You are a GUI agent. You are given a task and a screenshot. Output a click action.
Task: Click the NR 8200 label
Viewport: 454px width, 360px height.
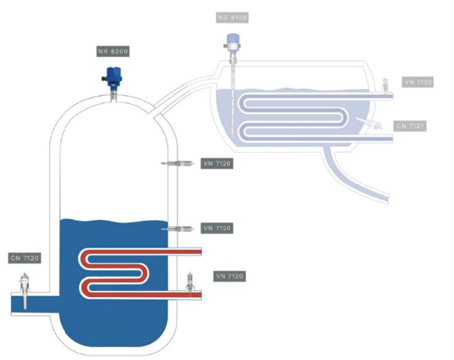click(x=113, y=52)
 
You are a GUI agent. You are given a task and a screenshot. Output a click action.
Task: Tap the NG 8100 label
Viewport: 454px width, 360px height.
click(x=232, y=18)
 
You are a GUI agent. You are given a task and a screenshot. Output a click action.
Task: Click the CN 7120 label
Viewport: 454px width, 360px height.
click(x=25, y=258)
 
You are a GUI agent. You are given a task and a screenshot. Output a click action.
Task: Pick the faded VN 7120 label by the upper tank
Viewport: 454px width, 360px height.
click(x=418, y=82)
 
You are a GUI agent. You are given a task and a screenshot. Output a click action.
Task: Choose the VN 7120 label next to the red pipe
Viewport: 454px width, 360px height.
click(x=229, y=276)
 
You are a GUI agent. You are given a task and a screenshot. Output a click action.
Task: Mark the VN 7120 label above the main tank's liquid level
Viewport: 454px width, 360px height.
click(x=216, y=164)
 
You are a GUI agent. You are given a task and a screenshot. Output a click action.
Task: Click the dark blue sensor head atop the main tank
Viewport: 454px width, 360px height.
click(x=113, y=74)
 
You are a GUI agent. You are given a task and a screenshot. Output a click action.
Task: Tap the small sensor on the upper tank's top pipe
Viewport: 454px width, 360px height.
click(x=386, y=86)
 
